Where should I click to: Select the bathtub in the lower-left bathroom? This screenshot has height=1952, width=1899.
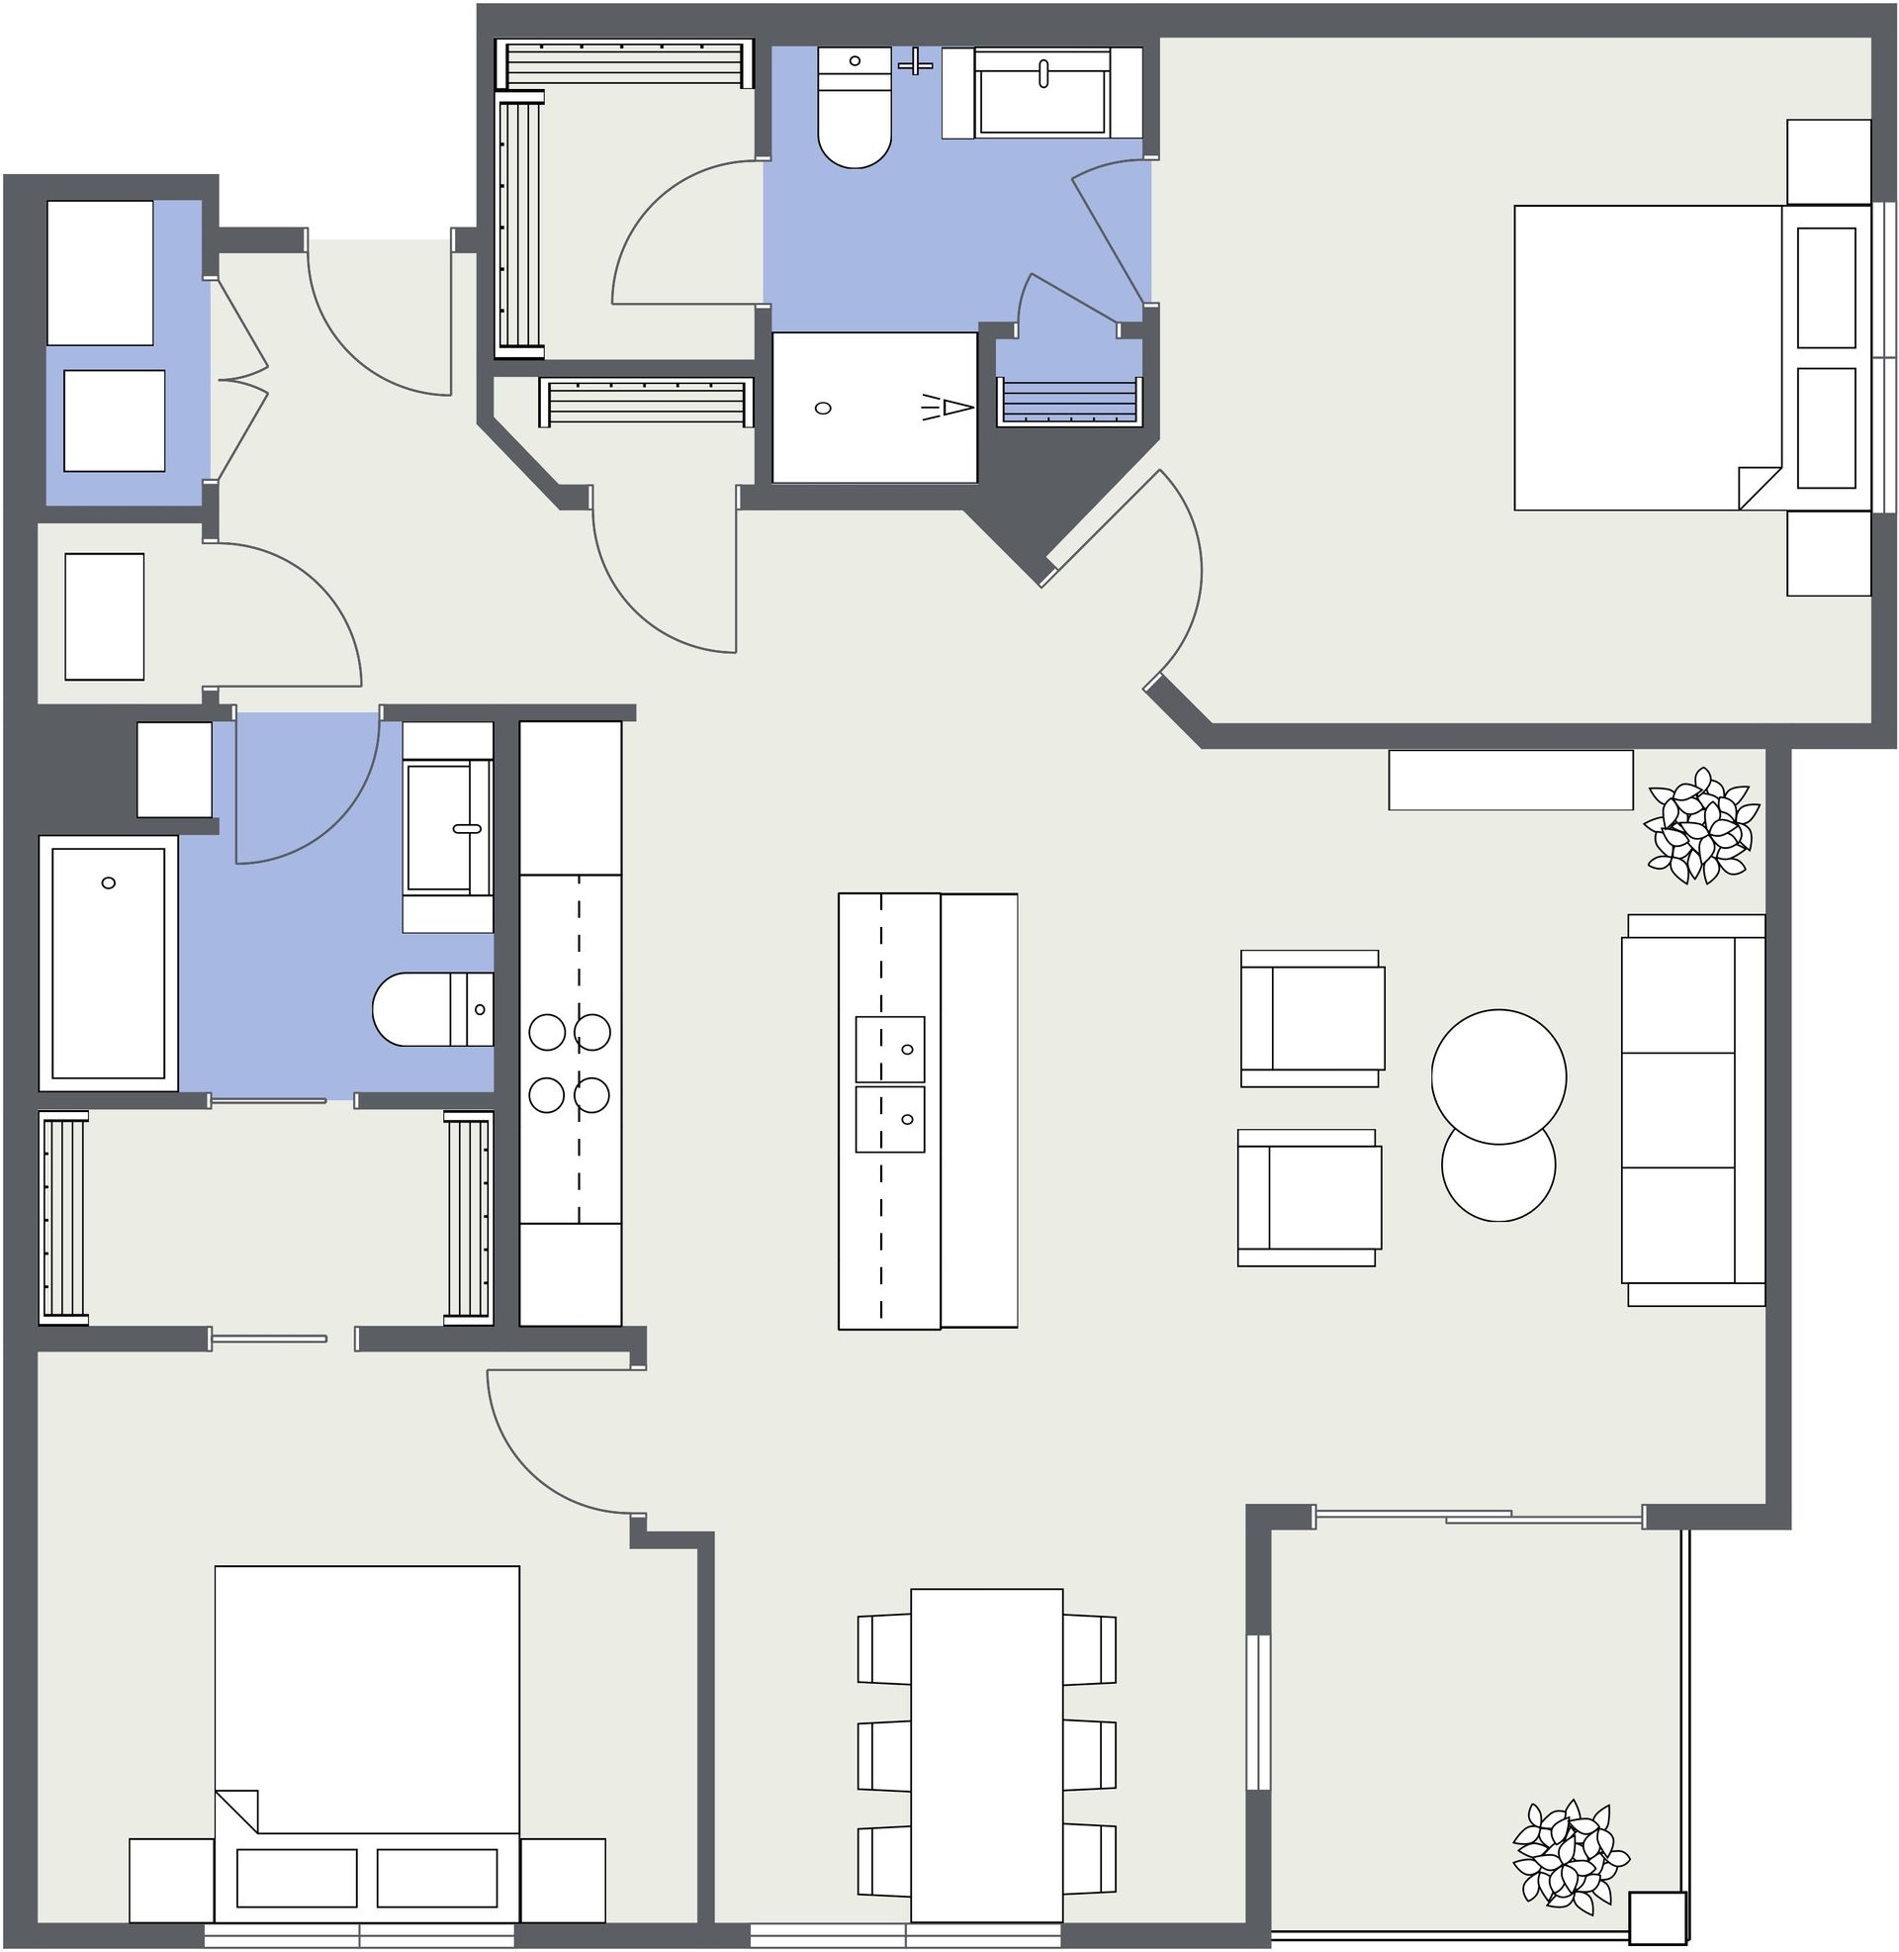point(108,964)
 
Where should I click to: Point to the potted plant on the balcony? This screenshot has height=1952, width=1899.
point(1569,1857)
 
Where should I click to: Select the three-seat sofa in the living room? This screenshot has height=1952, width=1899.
point(1692,1110)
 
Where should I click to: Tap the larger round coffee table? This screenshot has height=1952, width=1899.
point(1498,1076)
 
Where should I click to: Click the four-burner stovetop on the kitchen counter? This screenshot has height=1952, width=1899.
point(570,1064)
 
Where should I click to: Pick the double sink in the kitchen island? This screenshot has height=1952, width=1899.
point(889,1084)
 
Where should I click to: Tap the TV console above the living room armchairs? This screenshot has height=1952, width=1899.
point(1510,780)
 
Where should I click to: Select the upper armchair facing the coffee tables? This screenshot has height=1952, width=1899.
point(1311,1018)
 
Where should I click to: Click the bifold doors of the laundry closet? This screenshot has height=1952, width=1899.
point(242,380)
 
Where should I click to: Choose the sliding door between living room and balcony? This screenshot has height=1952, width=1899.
point(1478,1517)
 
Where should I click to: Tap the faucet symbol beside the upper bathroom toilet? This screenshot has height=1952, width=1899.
point(915,62)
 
